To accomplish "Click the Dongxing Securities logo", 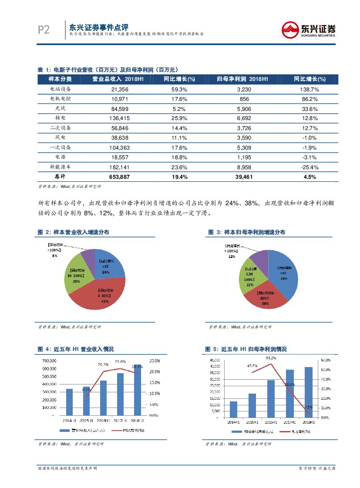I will [308, 30].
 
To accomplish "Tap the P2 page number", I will [44, 30].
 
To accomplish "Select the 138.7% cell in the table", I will [310, 89].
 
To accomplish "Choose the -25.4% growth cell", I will [310, 167].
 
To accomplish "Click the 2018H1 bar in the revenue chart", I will [138, 390].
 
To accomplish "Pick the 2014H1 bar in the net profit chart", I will [234, 409].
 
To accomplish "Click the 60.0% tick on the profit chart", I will [326, 360].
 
